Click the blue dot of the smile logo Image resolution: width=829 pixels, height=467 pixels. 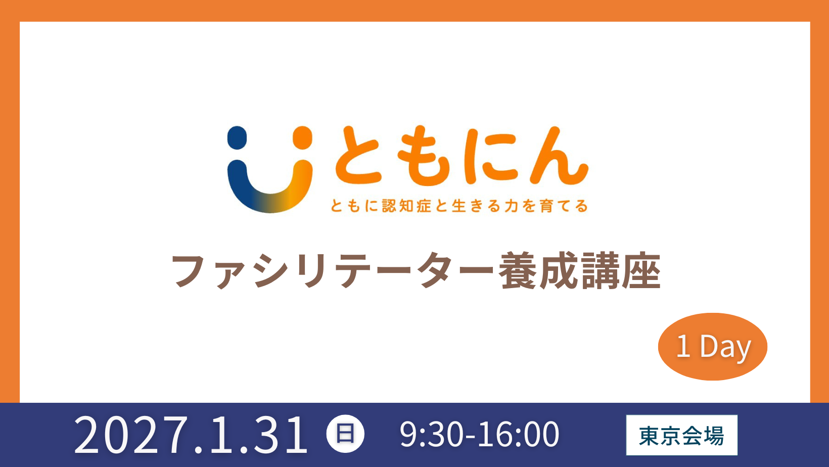pos(237,137)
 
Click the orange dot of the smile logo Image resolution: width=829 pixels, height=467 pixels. pos(302,137)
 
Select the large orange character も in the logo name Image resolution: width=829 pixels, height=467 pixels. pos(423,157)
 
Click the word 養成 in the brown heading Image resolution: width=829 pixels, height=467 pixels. pos(538,270)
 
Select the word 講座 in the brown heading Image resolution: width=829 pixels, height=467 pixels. pos(621,270)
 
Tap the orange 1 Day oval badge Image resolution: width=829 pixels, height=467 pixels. pos(712,347)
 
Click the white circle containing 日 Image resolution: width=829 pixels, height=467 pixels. pos(345,434)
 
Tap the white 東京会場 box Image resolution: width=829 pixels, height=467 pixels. pos(682,435)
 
